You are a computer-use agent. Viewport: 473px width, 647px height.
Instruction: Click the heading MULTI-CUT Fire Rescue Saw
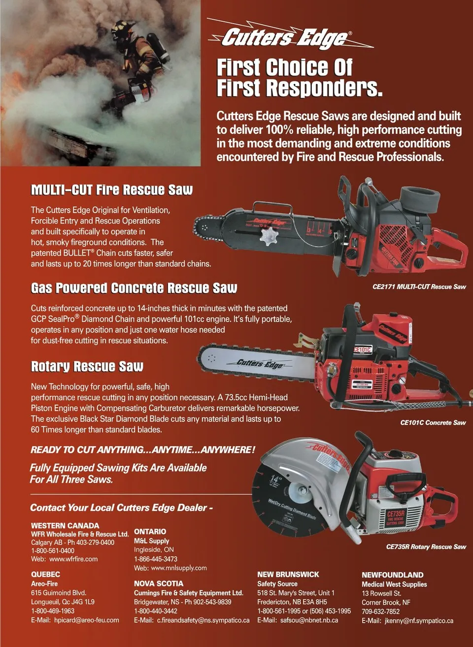point(112,190)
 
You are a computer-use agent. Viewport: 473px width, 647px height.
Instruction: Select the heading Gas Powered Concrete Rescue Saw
point(134,288)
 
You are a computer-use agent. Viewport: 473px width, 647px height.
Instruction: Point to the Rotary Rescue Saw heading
point(87,366)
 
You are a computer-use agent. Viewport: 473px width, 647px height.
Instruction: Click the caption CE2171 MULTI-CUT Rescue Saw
point(419,287)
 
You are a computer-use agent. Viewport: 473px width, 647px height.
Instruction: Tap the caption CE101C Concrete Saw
point(433,422)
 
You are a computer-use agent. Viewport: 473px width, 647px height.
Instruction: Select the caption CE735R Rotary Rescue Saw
point(426,547)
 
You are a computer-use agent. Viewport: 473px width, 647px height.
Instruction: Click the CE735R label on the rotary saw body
point(396,514)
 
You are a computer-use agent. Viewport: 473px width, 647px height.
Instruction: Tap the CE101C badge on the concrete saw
point(363,350)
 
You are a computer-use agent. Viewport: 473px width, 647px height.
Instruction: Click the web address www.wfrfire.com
point(73,559)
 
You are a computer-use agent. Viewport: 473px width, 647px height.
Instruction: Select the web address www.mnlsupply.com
point(179,568)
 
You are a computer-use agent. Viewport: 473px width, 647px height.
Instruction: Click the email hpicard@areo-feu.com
point(87,620)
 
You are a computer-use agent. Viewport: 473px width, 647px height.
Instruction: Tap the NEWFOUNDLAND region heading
point(393,575)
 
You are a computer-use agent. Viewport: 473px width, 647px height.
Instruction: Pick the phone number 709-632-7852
point(381,611)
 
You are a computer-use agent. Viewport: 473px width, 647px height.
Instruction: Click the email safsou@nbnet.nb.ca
point(309,620)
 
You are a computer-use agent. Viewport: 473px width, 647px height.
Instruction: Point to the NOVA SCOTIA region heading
point(159,583)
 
